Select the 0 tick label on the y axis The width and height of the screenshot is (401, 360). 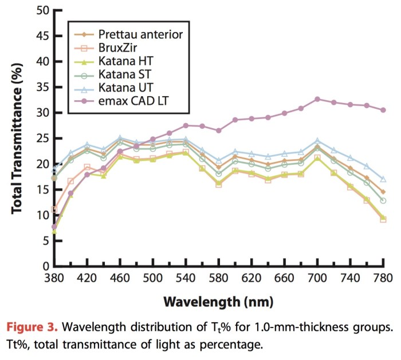coord(42,267)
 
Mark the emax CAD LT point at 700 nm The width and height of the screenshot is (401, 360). coord(317,99)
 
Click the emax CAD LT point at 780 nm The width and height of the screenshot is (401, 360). coord(383,110)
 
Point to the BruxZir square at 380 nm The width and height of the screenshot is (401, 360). coord(54,209)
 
